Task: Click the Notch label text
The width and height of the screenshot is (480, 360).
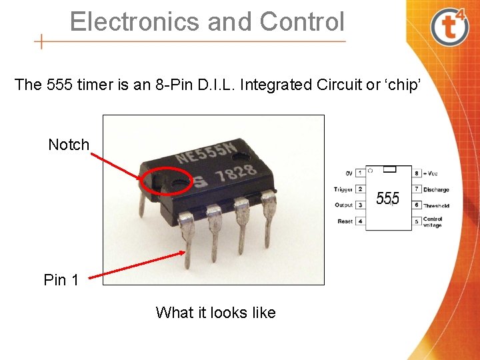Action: pos(69,145)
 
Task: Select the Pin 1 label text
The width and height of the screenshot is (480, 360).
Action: pos(61,280)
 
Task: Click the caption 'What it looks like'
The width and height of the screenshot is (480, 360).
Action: pos(215,313)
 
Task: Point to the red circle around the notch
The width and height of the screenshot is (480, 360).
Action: pos(167,179)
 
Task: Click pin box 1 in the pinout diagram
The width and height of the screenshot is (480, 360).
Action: pos(360,173)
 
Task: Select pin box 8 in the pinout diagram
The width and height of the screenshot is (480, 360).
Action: pos(417,173)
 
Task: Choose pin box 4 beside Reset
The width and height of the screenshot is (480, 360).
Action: pos(360,221)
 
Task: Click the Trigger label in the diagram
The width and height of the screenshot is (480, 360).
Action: pos(343,189)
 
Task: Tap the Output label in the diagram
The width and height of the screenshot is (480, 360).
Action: pos(343,205)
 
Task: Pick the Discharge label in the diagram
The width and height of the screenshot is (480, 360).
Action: pos(436,189)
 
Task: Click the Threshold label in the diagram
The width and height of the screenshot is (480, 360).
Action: pos(436,205)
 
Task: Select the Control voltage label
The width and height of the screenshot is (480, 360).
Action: pos(433,222)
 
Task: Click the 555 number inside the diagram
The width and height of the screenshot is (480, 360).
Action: pos(388,199)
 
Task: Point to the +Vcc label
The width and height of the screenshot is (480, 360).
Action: pos(431,173)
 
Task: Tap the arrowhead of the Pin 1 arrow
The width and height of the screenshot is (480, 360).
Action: pos(185,251)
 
